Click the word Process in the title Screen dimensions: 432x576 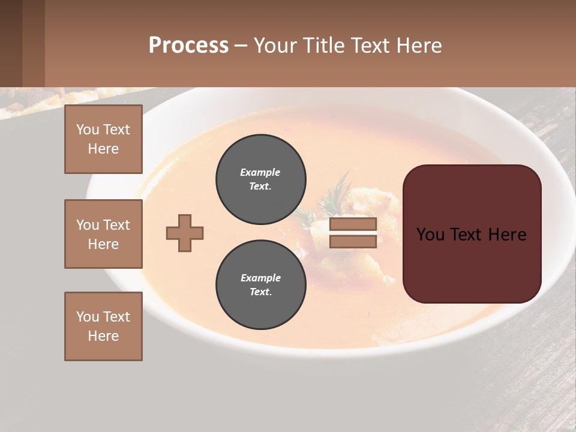click(188, 46)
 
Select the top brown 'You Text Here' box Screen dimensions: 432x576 click(103, 139)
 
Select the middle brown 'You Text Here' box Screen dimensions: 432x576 click(103, 234)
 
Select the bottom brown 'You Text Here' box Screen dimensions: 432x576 click(103, 326)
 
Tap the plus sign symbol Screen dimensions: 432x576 click(185, 233)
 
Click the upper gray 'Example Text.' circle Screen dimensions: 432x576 click(260, 179)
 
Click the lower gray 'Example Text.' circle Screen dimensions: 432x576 click(260, 284)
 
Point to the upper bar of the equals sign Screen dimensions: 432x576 click(353, 224)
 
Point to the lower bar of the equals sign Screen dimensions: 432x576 click(353, 241)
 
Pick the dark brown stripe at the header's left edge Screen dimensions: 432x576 click(11, 43)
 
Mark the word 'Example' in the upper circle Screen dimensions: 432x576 click(260, 172)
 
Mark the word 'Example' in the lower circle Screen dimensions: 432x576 click(260, 278)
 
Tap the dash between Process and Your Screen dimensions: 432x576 click(241, 46)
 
